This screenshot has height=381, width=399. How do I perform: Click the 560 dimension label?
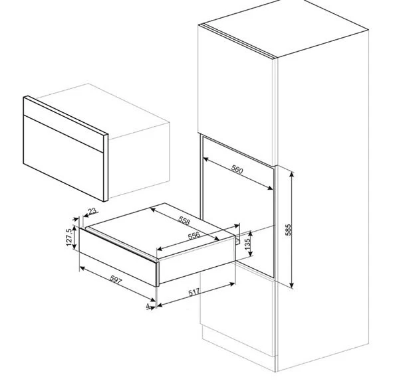click(237, 169)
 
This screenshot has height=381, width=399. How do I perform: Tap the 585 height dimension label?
click(288, 230)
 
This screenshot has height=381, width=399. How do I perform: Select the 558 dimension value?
click(184, 220)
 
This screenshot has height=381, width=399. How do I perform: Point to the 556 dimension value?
click(194, 236)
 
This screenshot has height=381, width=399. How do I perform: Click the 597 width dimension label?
click(116, 279)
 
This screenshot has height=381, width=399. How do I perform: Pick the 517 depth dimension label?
click(194, 292)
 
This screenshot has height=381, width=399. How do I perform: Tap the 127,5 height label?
click(69, 238)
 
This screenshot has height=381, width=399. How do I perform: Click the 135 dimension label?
click(247, 243)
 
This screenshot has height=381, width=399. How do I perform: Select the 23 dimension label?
click(92, 211)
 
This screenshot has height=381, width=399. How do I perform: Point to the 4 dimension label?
click(148, 306)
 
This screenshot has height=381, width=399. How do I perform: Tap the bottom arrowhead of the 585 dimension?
click(292, 285)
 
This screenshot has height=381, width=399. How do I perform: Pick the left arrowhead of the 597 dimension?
click(82, 267)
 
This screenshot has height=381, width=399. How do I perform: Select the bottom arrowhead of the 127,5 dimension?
click(74, 246)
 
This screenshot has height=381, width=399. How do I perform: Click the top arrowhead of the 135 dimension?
click(251, 234)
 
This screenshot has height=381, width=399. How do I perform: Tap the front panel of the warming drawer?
click(118, 257)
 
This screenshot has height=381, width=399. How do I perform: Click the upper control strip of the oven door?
click(64, 125)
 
